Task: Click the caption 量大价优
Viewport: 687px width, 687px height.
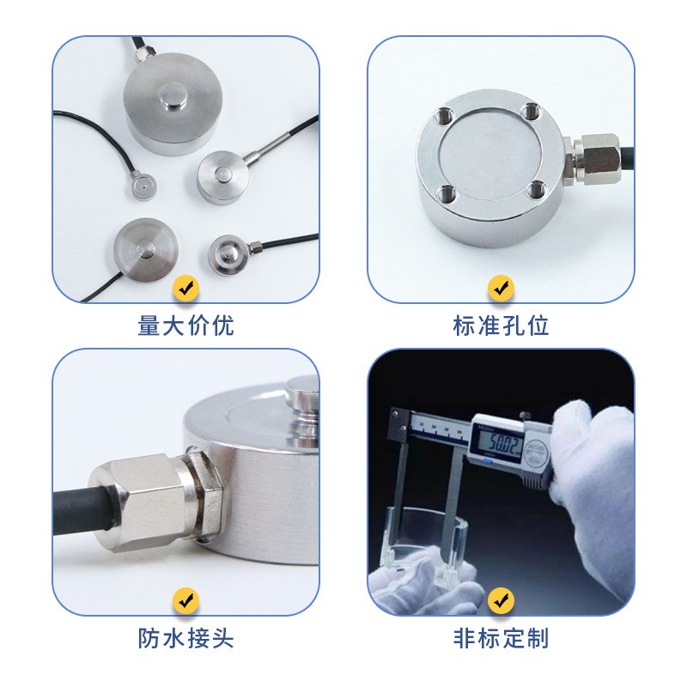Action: pyautogui.click(x=185, y=326)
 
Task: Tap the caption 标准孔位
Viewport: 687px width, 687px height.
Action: pyautogui.click(x=501, y=326)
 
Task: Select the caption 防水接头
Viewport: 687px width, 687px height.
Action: pyautogui.click(x=185, y=639)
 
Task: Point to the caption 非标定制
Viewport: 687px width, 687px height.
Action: pyautogui.click(x=501, y=639)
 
